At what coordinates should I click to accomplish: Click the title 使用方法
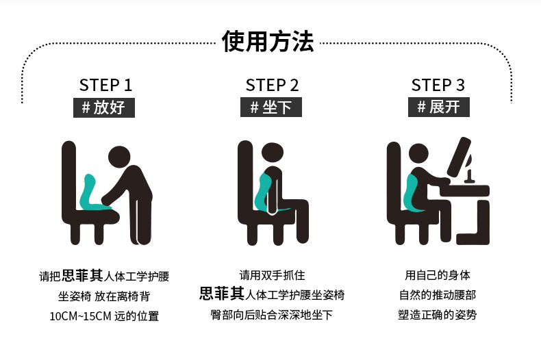click(x=268, y=41)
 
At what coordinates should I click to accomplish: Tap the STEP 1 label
click(x=105, y=85)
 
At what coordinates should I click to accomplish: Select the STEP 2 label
click(x=272, y=85)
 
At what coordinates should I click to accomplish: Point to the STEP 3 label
click(x=438, y=85)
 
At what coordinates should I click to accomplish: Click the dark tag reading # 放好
click(x=104, y=107)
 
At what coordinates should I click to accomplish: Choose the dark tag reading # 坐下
click(x=271, y=107)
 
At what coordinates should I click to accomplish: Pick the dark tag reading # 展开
click(x=439, y=107)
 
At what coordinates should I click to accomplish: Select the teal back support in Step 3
click(x=412, y=193)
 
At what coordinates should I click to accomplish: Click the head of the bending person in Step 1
click(x=119, y=157)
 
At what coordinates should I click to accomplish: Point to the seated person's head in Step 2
click(x=273, y=153)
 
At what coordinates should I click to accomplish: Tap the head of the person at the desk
click(x=418, y=155)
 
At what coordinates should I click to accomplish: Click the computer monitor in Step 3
click(x=460, y=157)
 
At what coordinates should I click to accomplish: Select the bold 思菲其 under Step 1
click(x=82, y=276)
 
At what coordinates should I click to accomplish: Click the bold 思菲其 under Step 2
click(x=222, y=294)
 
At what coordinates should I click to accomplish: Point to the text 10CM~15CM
click(x=80, y=316)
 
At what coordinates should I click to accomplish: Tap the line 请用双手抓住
click(x=272, y=275)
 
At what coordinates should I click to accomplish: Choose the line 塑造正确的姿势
click(x=437, y=314)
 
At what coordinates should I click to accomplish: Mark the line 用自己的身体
click(x=438, y=275)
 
